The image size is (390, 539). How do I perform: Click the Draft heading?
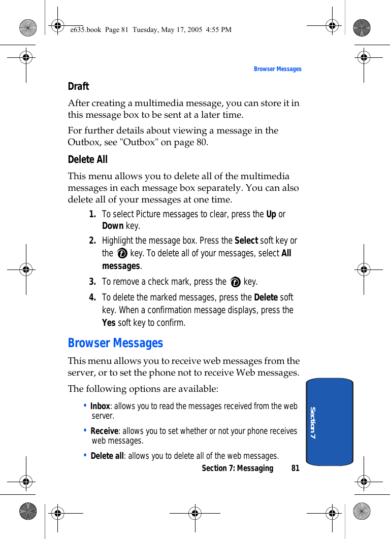point(78,86)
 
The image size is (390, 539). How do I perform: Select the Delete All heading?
point(88,159)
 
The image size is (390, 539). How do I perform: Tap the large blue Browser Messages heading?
point(115,343)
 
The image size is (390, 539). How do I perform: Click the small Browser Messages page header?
point(277,69)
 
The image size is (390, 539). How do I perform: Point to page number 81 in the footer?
point(295,468)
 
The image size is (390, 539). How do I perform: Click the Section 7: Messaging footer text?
point(237,468)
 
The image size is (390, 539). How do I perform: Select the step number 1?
point(92,214)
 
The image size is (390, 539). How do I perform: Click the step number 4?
point(92,297)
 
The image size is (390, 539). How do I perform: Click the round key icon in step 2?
point(122,253)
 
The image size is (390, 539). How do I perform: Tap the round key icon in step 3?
point(235,282)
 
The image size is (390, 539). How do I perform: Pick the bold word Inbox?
point(100,406)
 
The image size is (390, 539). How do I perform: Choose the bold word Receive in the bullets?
point(104,431)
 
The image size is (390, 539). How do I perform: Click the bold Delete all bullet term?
point(107,456)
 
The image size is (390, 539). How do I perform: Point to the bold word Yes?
point(109,323)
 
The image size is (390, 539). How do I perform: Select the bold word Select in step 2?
point(246,240)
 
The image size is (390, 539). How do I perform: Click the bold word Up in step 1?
point(271,214)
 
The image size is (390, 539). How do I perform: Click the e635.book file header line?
point(151,29)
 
